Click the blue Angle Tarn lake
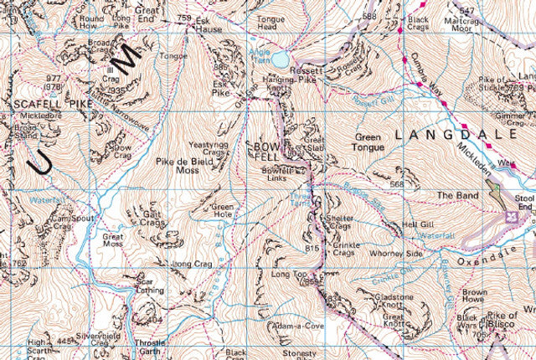[x=279, y=59]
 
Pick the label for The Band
[x=455, y=196]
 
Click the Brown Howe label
[x=475, y=296]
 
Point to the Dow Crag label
[x=121, y=153]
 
